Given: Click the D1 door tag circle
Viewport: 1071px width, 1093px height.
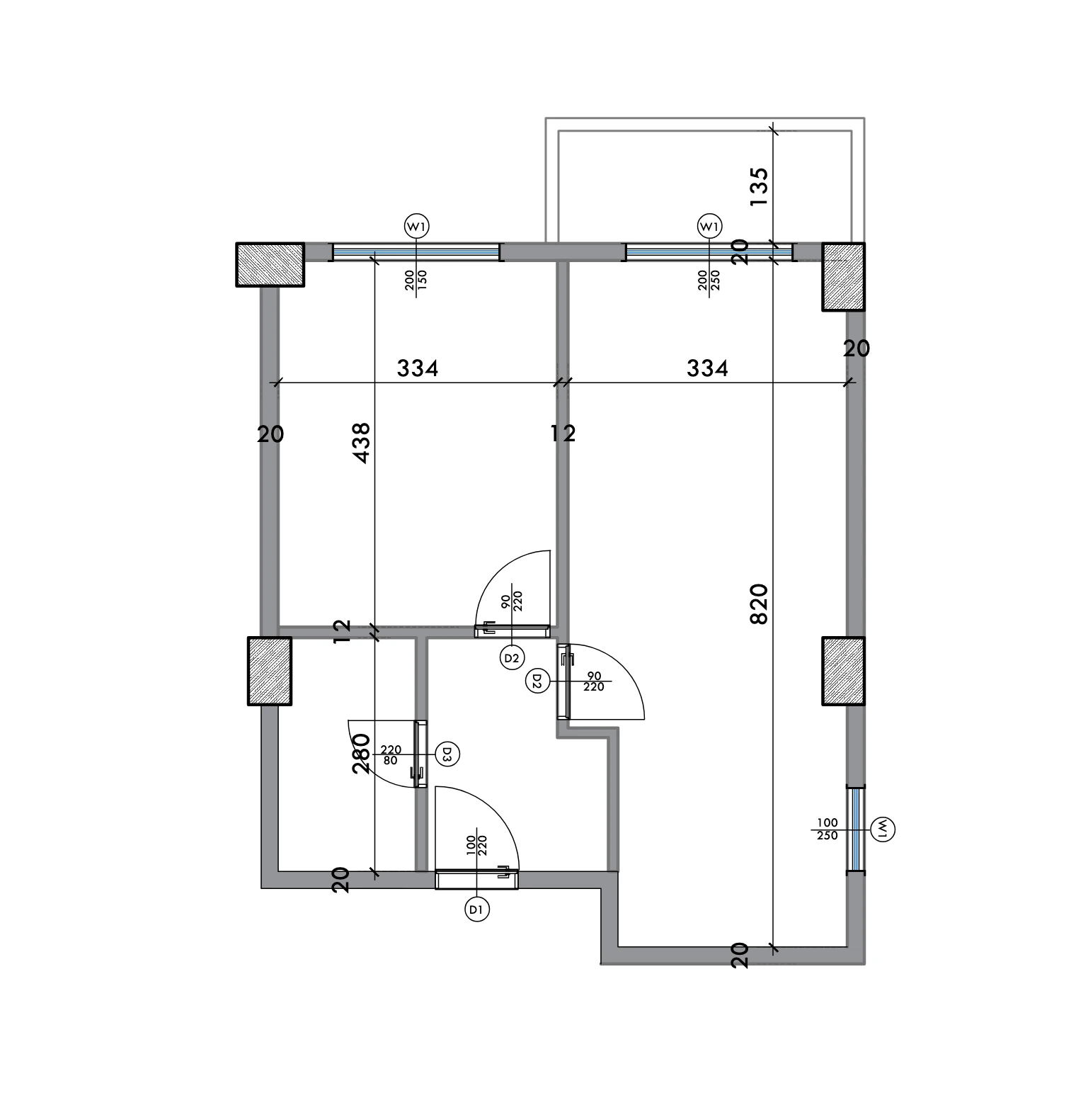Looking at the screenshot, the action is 477,909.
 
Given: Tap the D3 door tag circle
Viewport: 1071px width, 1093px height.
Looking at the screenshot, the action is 447,754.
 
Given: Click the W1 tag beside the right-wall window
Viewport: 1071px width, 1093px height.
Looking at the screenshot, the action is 884,828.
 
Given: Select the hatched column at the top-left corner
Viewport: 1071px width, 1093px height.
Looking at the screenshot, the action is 270,265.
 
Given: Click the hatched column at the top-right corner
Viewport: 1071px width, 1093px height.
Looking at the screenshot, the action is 843,277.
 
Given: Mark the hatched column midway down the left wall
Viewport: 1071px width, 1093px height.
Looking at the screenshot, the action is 270,671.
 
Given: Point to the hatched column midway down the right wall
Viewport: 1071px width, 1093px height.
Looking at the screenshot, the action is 843,671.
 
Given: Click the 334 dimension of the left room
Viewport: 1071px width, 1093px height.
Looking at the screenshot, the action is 418,368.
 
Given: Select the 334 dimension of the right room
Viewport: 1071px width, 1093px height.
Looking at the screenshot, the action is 707,368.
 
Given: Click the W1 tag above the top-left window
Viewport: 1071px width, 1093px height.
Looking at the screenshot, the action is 416,227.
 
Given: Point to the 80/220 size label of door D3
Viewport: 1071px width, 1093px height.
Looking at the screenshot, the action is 391,754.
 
